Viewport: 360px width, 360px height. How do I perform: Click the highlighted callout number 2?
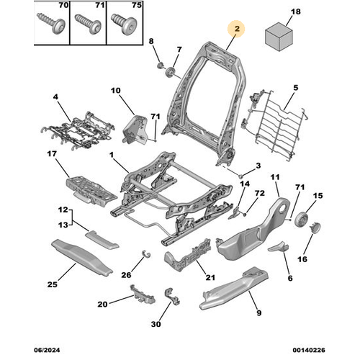click(x=237, y=29)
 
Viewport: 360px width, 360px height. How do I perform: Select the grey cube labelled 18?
click(x=279, y=37)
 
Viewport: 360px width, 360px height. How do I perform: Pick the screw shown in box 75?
click(x=125, y=24)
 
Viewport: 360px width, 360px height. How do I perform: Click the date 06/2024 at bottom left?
click(x=47, y=350)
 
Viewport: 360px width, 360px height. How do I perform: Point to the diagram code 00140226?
click(x=309, y=350)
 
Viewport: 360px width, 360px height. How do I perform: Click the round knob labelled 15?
click(x=302, y=220)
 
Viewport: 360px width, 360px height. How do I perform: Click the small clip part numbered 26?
click(x=145, y=253)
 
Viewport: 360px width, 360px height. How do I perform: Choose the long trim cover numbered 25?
click(x=81, y=257)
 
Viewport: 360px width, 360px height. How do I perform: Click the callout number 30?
click(x=156, y=324)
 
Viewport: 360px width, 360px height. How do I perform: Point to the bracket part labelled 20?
click(x=142, y=294)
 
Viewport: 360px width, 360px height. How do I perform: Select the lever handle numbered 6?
click(x=279, y=247)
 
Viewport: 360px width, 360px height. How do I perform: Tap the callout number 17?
click(x=52, y=153)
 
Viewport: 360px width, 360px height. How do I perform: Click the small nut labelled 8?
click(x=161, y=65)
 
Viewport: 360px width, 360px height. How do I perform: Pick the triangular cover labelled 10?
click(x=135, y=130)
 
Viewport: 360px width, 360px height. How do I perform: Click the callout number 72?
click(x=259, y=193)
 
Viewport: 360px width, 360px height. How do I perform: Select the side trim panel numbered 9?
click(x=234, y=288)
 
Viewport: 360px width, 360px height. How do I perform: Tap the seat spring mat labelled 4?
click(x=77, y=131)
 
